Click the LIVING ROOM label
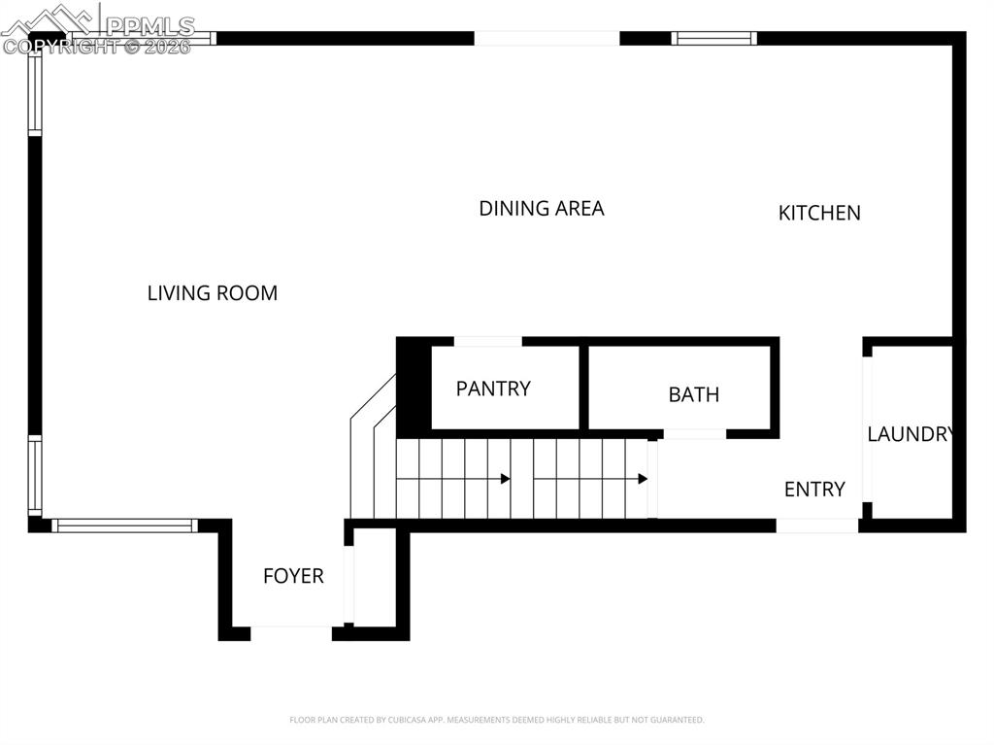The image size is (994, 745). [213, 293]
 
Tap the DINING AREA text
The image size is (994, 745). [542, 208]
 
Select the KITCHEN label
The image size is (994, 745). [819, 213]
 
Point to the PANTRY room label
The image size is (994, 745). [493, 389]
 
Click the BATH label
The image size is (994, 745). [693, 394]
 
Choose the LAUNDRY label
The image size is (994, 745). [911, 434]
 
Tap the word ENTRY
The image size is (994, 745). [814, 490]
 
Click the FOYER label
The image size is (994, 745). [293, 576]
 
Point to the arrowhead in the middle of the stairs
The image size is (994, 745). [505, 479]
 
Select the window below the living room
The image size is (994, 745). [124, 525]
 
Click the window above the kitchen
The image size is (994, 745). [713, 38]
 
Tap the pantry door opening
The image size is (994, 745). [488, 341]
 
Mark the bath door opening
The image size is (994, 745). [695, 434]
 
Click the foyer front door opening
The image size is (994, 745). [291, 632]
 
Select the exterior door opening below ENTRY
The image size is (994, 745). [817, 525]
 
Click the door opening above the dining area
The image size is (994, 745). [547, 38]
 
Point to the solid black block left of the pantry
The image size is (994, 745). [414, 388]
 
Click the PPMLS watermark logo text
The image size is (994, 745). [149, 26]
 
